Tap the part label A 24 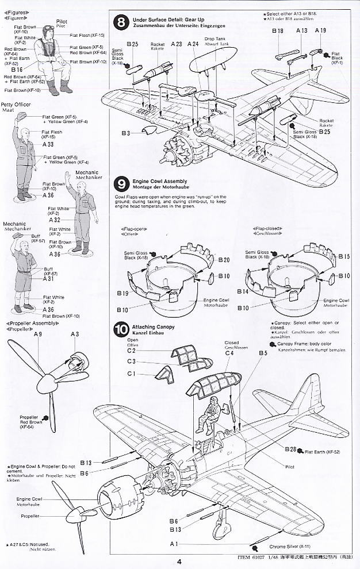pyautogui.click(x=193, y=44)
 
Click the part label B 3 pyautogui.click(x=125, y=133)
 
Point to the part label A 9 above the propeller pyautogui.click(x=38, y=335)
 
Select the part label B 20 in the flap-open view pyautogui.click(x=224, y=260)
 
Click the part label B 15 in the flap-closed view pyautogui.click(x=344, y=256)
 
